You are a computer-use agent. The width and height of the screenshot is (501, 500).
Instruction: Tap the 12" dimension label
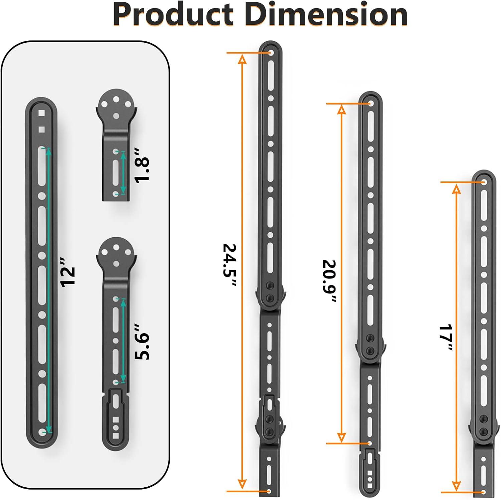(x=68, y=277)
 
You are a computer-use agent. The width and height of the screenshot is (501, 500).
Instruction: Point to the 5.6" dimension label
(x=142, y=342)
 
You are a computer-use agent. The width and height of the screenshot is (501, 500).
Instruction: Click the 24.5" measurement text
(x=230, y=265)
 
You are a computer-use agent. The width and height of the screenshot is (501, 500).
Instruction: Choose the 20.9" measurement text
(x=329, y=281)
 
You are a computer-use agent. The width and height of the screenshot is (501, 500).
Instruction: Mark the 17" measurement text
(x=445, y=337)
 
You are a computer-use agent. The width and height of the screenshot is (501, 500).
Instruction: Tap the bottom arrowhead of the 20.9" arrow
(x=341, y=437)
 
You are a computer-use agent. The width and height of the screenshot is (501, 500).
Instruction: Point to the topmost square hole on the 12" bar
(x=41, y=113)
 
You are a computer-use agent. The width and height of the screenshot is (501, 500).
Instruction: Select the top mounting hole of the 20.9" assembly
(x=370, y=104)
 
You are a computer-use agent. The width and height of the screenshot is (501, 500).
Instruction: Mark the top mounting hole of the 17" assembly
(x=483, y=182)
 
